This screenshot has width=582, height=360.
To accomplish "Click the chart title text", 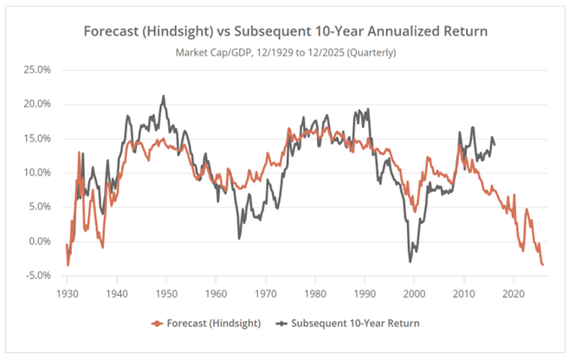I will (x=286, y=32).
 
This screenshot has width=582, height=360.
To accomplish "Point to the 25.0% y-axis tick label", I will (x=40, y=69).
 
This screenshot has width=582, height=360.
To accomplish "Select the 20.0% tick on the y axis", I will (x=40, y=104).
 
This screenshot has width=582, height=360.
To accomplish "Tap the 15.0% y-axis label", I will (x=40, y=138).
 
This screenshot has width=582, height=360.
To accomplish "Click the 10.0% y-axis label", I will (x=40, y=172).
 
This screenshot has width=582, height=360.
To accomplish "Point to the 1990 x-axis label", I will (x=365, y=293).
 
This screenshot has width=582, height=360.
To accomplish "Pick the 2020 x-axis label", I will (x=514, y=293).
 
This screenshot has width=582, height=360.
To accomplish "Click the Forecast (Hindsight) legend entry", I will (x=204, y=324).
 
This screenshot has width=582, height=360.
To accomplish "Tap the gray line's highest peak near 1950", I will (x=162, y=96).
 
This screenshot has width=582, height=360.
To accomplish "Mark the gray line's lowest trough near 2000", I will (x=411, y=261).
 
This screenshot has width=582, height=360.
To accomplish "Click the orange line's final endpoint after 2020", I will (x=543, y=265).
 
